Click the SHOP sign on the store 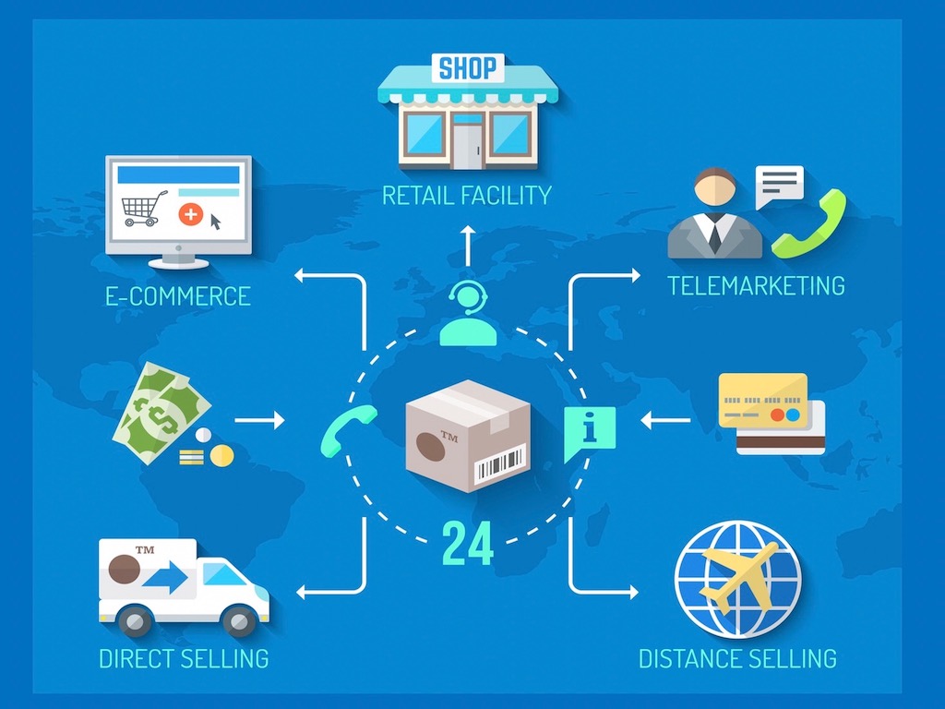468,67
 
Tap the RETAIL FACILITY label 467,196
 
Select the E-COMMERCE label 178,296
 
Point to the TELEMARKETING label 756,285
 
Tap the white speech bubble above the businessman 779,186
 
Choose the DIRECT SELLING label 184,659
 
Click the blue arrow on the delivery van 166,579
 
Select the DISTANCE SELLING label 737,659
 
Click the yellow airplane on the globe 738,576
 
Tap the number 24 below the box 468,545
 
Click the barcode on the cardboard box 499,464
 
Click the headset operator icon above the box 468,314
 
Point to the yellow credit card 763,401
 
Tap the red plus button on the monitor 190,214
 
